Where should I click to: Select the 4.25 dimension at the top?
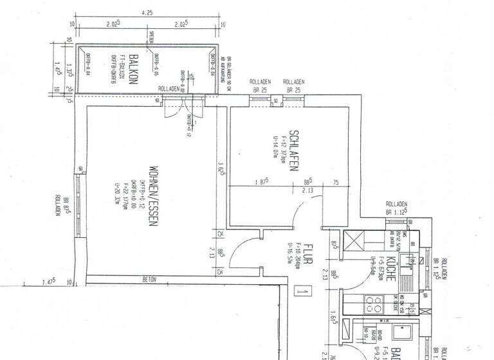tap(147, 13)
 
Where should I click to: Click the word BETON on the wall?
tap(149, 280)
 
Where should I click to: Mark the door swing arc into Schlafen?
tap(298, 212)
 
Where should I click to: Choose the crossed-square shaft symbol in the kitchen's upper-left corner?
tap(355, 243)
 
